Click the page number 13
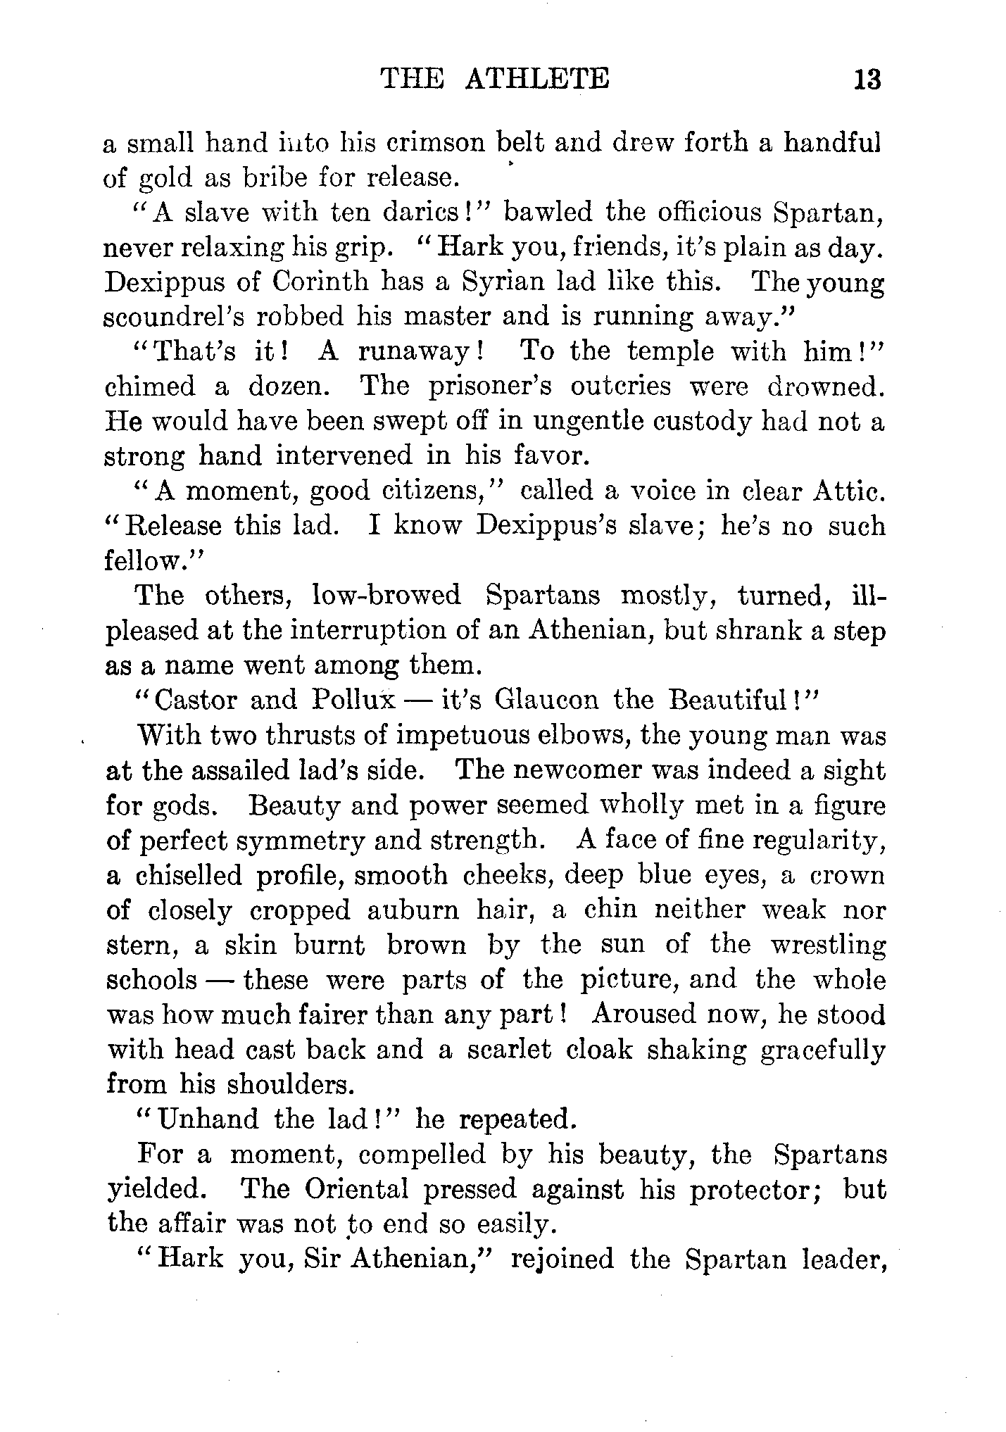click(866, 78)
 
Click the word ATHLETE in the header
click(537, 78)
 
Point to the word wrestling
click(828, 946)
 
